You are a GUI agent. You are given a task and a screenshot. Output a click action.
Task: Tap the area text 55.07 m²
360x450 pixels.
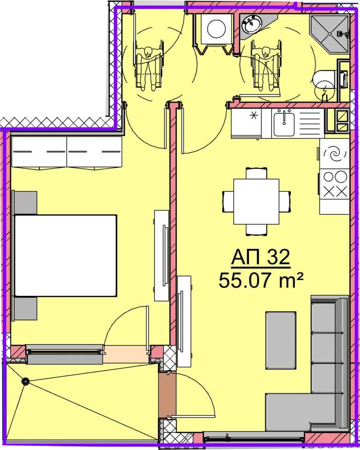(261, 280)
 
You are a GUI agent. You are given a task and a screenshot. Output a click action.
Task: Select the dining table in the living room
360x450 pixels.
(256, 202)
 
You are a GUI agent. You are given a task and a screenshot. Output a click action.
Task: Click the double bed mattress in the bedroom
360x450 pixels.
(65, 255)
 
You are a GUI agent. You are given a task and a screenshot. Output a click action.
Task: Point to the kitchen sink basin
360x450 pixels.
(284, 124)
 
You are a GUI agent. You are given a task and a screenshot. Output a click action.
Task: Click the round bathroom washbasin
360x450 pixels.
(252, 24)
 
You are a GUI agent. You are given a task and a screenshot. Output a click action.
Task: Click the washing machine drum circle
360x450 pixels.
(216, 29)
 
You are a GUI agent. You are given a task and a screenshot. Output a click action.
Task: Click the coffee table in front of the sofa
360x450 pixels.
(281, 340)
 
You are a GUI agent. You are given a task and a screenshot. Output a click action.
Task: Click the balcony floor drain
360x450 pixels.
(26, 381)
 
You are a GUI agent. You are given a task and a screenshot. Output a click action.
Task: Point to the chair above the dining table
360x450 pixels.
(256, 173)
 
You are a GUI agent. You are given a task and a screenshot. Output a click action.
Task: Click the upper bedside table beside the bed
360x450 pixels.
(25, 203)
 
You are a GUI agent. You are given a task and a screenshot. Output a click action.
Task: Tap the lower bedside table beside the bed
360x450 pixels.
(25, 308)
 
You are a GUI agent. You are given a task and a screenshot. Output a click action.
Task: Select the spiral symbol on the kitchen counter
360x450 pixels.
(334, 154)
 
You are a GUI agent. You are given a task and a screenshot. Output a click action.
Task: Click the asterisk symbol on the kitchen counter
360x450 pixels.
(254, 116)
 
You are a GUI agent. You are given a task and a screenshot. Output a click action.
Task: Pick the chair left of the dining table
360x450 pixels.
(228, 202)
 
